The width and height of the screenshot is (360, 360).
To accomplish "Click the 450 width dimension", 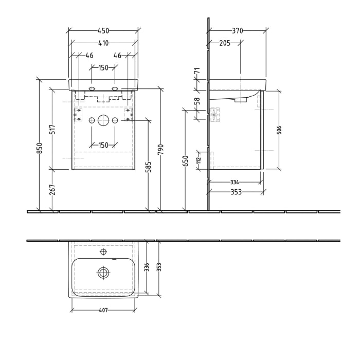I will (103, 30).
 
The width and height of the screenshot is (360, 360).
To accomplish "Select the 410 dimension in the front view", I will (103, 43).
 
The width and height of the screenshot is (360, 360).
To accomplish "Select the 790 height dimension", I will (160, 149).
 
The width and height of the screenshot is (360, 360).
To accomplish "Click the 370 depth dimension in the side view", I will (237, 31).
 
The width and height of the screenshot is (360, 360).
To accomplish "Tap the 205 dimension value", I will (224, 43).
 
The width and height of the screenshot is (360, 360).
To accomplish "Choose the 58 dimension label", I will (196, 102).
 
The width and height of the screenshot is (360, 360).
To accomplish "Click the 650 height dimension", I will (186, 160).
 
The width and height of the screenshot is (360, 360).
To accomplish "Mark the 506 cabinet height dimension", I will (279, 130).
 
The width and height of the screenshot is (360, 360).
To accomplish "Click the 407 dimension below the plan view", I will (103, 310).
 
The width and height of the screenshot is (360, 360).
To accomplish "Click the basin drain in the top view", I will (103, 273).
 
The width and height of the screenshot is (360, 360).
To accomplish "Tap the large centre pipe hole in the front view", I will (103, 120).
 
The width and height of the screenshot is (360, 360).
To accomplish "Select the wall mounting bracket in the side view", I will (214, 115).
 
